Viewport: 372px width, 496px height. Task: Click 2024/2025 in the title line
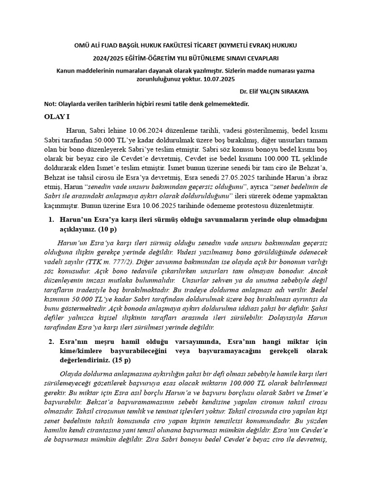pyautogui.click(x=112, y=58)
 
